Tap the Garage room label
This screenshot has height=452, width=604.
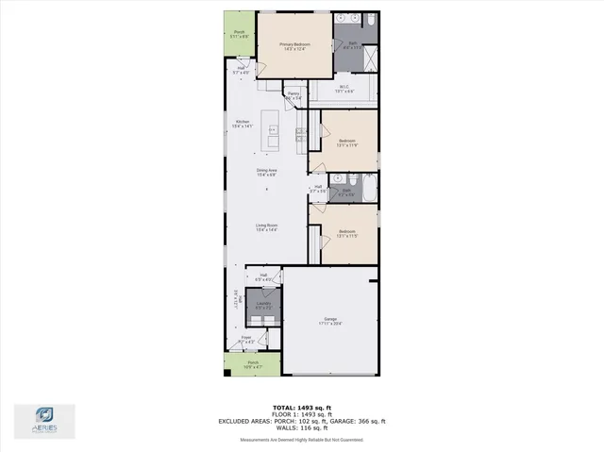(x=330, y=320)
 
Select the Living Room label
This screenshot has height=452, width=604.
(x=266, y=225)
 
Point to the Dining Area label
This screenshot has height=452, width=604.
(x=266, y=170)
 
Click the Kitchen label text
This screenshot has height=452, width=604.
(x=242, y=123)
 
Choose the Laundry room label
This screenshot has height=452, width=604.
(x=262, y=303)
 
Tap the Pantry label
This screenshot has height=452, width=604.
(x=294, y=93)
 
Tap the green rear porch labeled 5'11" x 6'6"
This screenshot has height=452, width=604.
(x=239, y=34)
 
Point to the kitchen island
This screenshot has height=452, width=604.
(x=273, y=131)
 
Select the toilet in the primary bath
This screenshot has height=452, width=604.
(x=372, y=19)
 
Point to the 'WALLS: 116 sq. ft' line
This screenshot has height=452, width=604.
(x=302, y=427)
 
